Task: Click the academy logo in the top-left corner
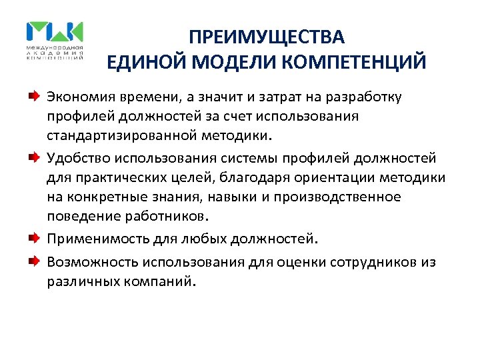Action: pyautogui.click(x=55, y=41)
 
